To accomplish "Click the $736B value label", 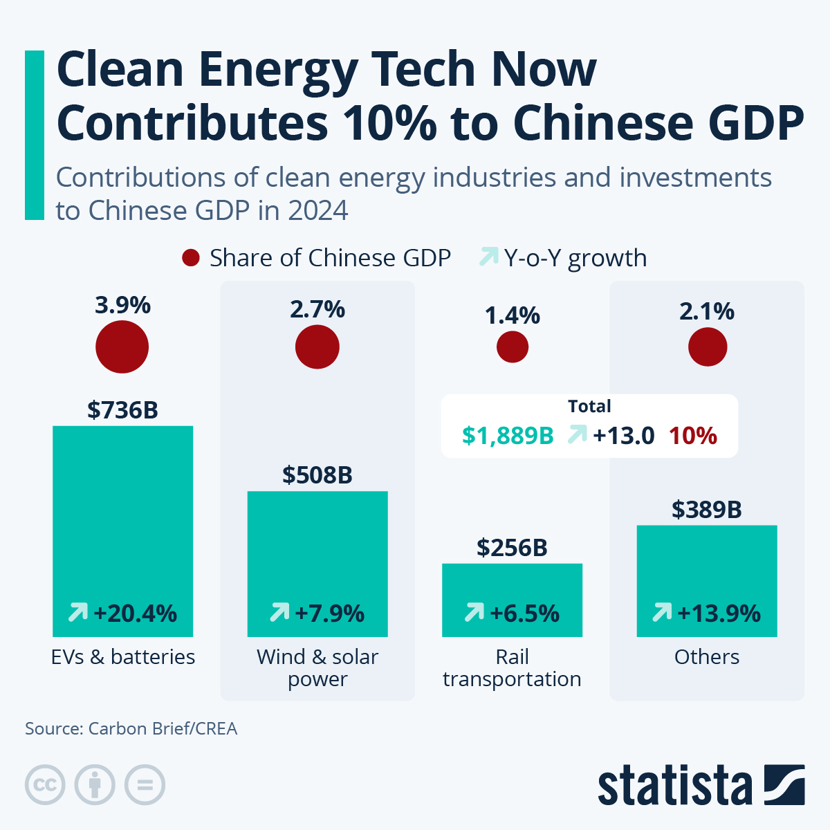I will [x=122, y=410].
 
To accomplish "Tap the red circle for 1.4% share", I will [x=513, y=347].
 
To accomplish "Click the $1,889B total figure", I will [x=508, y=436].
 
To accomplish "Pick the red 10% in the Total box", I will [x=692, y=436].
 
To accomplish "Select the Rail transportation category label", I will [x=512, y=667].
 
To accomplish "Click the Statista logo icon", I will [x=784, y=784].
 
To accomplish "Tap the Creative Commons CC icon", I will [x=45, y=785].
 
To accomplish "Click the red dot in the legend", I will [x=191, y=258].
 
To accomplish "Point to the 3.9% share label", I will [x=122, y=305].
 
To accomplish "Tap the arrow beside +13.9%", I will [x=662, y=611].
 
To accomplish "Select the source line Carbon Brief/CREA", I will [x=131, y=728].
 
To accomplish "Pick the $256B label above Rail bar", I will [x=512, y=548].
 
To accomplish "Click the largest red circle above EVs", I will [x=122, y=347].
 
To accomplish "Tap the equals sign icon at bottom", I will [x=145, y=785].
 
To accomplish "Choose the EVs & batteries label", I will [x=123, y=656].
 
